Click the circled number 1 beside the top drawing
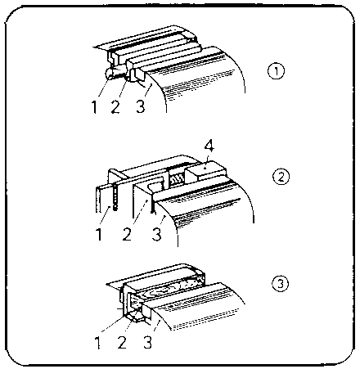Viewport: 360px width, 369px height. [x=276, y=71]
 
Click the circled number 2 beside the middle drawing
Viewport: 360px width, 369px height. [x=281, y=177]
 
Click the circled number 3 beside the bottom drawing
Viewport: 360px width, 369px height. [x=280, y=284]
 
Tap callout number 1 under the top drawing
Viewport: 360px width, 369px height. [x=94, y=107]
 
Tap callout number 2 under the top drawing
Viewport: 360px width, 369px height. [x=115, y=107]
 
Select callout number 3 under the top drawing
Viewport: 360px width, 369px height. [x=140, y=106]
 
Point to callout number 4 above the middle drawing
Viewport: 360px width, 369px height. [x=209, y=146]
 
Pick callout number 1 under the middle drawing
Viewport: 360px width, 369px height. [x=99, y=234]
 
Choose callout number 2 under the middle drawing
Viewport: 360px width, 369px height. [x=127, y=234]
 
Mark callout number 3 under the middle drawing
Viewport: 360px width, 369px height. [x=156, y=234]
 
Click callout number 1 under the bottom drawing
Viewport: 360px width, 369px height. [x=98, y=343]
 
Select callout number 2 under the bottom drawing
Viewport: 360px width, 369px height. [x=122, y=343]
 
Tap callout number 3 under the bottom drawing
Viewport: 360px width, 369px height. [x=147, y=343]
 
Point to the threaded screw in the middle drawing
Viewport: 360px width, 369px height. [x=115, y=197]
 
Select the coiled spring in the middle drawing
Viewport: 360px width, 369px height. [x=177, y=180]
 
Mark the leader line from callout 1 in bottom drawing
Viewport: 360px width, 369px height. [x=113, y=324]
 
